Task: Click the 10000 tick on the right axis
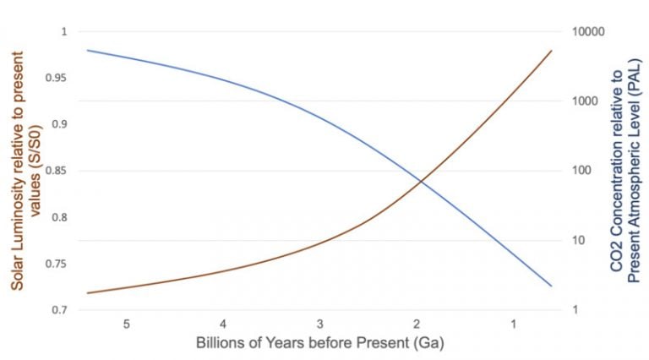point(588,32)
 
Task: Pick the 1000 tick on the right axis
point(586,101)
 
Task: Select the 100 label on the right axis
point(583,171)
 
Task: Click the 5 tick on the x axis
point(127,325)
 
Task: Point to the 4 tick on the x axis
point(223,325)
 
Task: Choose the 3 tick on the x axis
point(319,325)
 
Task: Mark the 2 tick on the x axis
point(417,325)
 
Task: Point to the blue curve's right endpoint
point(552,286)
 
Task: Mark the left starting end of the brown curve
point(87,293)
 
